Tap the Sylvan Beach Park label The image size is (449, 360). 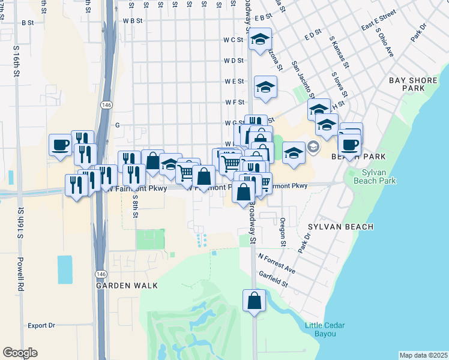pos(379,176)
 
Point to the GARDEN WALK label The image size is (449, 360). pos(127,286)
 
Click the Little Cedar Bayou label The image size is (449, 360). pos(325,329)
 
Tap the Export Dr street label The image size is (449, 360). pos(41,326)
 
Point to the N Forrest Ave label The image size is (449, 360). pos(277,263)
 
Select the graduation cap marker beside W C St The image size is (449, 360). pos(260,40)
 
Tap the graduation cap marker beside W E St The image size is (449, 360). pos(265,88)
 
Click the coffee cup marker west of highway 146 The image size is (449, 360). pos(60,145)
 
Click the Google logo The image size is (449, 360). pos(20,353)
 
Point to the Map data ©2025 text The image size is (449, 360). pos(423,355)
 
